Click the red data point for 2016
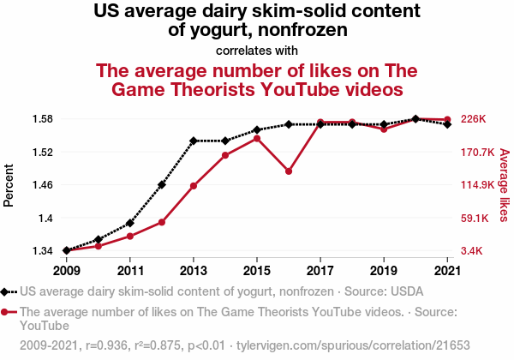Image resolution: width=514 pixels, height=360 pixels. tap(289, 171)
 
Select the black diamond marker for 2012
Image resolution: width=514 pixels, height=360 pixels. tap(162, 184)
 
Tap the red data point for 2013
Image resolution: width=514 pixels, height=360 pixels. tap(194, 186)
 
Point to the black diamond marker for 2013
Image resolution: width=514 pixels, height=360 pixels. tap(194, 141)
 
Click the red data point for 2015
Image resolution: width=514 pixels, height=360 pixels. tap(257, 138)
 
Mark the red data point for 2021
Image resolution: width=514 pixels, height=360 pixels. tap(447, 119)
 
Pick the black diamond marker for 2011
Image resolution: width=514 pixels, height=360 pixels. tap(130, 223)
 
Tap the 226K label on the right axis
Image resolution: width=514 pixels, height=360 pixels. tap(474, 119)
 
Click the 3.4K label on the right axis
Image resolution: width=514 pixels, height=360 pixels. tap(474, 251)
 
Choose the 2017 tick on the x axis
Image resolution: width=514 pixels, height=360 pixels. tap(320, 271)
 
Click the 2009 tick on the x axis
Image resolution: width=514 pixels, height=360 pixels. tap(67, 271)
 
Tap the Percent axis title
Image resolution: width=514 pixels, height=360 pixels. tap(10, 184)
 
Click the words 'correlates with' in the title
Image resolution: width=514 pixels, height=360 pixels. tap(257, 50)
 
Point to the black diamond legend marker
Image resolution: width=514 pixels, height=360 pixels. tap(8, 291)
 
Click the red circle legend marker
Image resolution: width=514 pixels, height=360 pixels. tap(8, 312)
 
